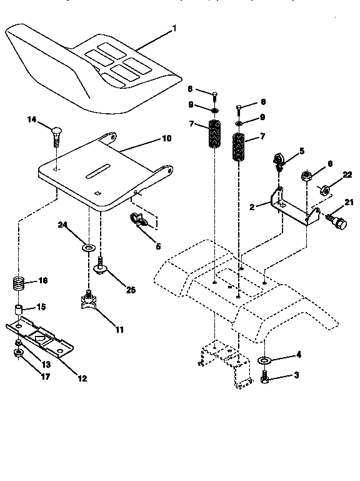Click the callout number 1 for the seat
pyautogui.click(x=174, y=28)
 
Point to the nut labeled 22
pyautogui.click(x=326, y=190)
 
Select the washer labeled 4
pyautogui.click(x=265, y=360)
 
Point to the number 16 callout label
pyautogui.click(x=42, y=281)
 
